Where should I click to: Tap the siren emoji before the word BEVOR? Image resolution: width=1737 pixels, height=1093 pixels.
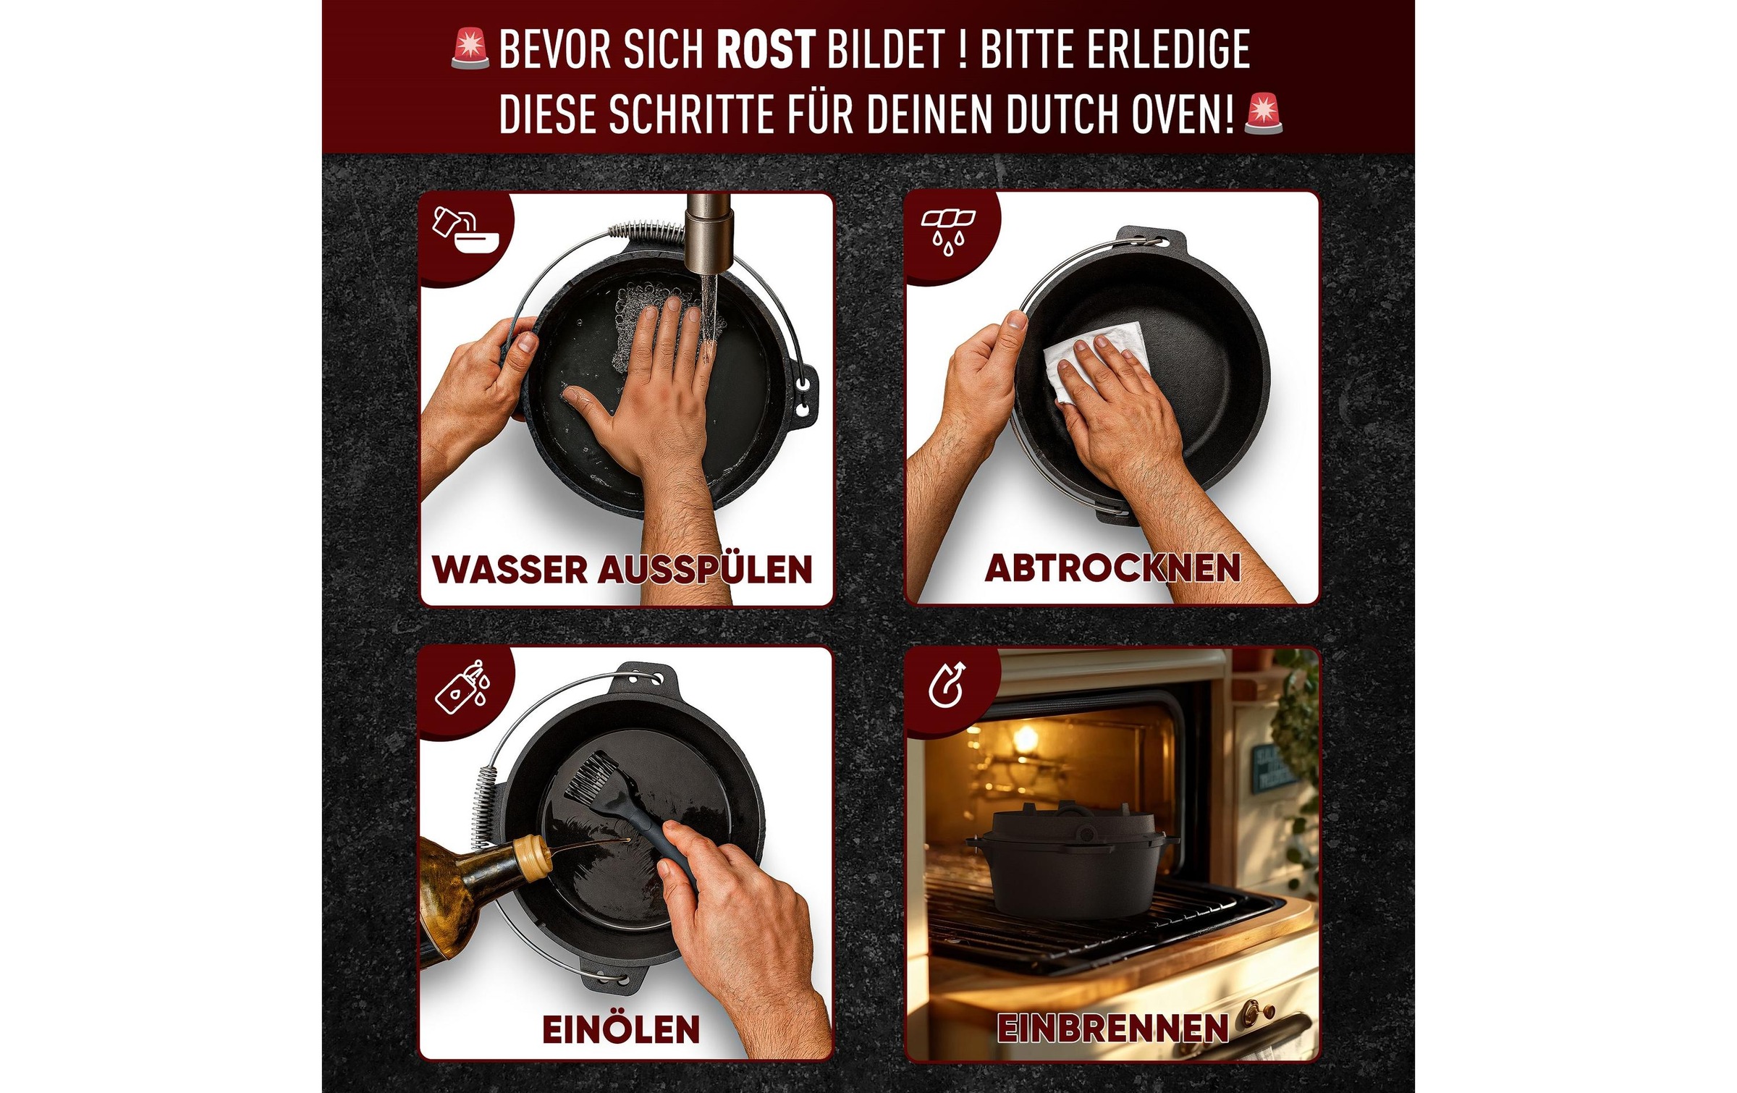(470, 49)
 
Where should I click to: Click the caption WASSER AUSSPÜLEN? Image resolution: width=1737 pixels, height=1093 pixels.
(622, 569)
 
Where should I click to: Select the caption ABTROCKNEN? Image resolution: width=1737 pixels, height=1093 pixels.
(1112, 568)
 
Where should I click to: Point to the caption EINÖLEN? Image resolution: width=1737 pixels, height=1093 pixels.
(621, 1029)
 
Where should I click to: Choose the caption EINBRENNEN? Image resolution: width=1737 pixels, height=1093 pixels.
(1112, 1028)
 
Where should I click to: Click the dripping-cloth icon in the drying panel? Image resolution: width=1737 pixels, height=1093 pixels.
(947, 230)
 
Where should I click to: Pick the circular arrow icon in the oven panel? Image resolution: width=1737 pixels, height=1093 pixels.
(947, 684)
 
